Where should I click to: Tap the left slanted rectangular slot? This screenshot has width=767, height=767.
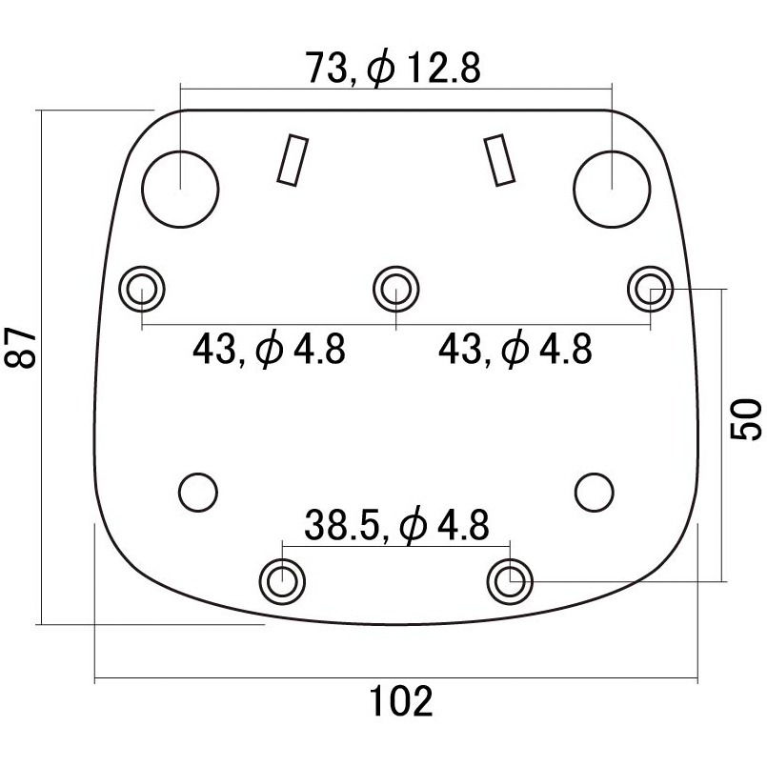(293, 160)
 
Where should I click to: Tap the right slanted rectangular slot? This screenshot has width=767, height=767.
(499, 160)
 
